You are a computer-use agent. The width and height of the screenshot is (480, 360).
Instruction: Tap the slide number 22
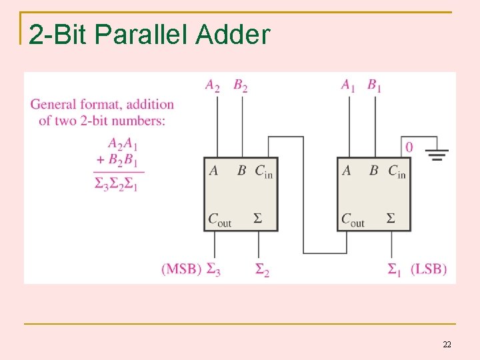[447, 344]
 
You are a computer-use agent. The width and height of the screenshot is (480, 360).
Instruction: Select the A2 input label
[213, 85]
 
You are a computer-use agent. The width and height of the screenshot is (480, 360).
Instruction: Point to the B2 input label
[241, 85]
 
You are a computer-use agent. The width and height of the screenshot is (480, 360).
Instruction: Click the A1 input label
[348, 85]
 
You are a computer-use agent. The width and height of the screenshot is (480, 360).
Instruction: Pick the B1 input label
[375, 85]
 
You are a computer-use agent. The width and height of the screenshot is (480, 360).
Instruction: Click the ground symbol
[437, 154]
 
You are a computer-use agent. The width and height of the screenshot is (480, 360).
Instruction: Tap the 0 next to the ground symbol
[409, 147]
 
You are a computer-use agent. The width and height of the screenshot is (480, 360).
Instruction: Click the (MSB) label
[181, 269]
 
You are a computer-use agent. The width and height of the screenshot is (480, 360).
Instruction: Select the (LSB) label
[429, 269]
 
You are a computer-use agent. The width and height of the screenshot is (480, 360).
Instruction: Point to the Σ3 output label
[213, 269]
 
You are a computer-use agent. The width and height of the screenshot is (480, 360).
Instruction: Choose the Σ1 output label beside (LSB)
[394, 269]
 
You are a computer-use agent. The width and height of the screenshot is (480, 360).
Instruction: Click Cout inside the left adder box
[220, 219]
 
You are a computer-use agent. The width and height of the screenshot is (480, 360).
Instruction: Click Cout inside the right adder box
[353, 219]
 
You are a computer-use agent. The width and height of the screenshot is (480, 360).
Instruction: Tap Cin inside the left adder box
[263, 171]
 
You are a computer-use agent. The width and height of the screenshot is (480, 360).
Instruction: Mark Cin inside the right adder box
[397, 171]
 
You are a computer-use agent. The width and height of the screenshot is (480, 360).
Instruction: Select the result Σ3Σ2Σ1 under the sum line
[116, 184]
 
